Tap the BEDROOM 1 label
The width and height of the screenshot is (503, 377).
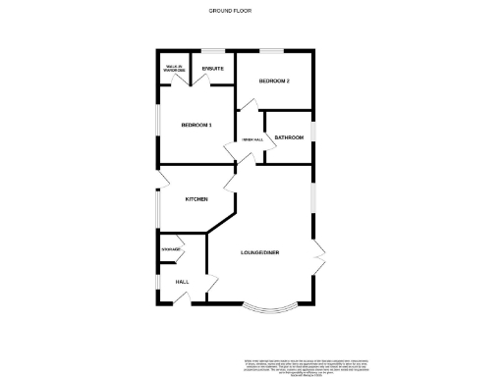coord(196,125)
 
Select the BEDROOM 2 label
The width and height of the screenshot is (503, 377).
coord(274,81)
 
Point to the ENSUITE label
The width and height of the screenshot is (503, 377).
coord(212,68)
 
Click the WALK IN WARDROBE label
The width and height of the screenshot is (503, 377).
coord(175,69)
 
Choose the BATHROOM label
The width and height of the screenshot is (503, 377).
coord(289,137)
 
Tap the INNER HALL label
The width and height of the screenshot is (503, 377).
coord(252,140)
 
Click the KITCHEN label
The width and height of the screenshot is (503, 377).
coord(196,199)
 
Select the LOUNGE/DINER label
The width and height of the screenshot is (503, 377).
coord(260,253)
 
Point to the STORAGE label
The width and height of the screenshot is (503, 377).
coord(171,251)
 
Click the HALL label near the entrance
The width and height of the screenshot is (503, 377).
coord(182,282)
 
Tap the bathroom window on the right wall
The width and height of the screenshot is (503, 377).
coord(313,137)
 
